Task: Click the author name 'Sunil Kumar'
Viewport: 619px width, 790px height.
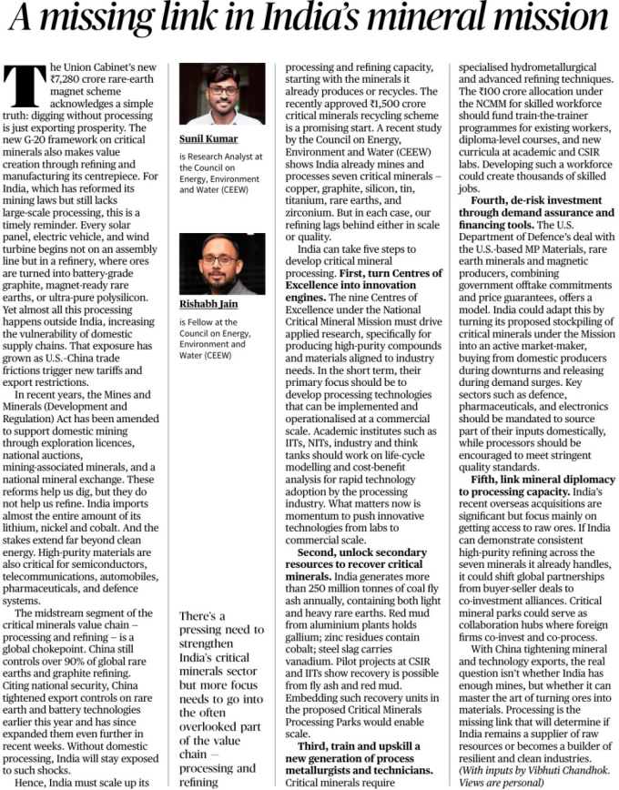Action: (x=208, y=139)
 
